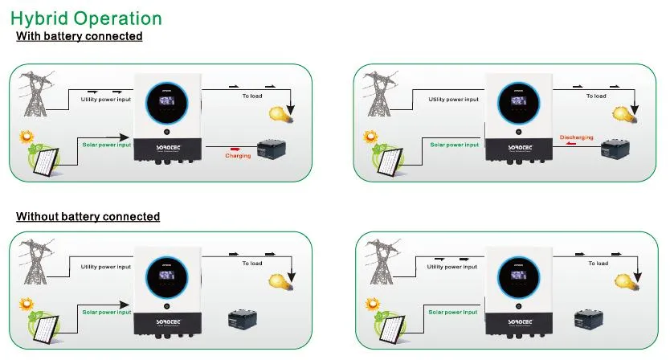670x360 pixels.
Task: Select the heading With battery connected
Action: point(80,36)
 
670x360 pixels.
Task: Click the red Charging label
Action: point(238,156)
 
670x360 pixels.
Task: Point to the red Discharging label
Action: point(576,137)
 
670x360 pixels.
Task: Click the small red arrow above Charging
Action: point(237,148)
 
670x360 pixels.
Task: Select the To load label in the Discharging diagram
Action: point(595,96)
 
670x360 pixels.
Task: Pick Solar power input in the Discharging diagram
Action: point(454,145)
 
